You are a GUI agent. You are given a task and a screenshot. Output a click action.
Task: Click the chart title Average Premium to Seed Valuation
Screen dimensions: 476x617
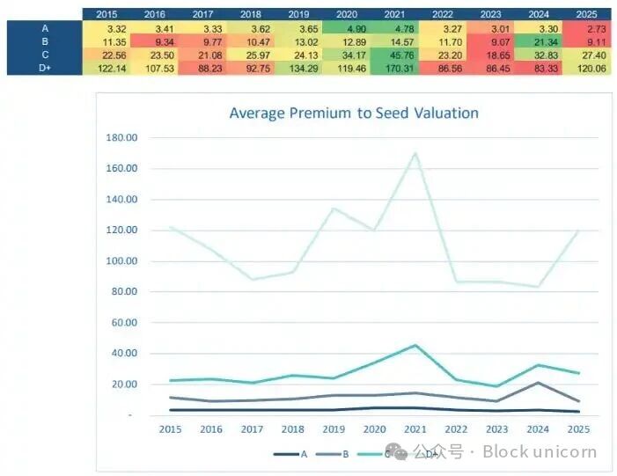pyautogui.click(x=353, y=113)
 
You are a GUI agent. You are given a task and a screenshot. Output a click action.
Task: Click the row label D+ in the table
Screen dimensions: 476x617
pyautogui.click(x=44, y=67)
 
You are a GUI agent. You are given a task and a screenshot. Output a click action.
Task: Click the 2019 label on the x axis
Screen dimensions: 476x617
pyautogui.click(x=334, y=428)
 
